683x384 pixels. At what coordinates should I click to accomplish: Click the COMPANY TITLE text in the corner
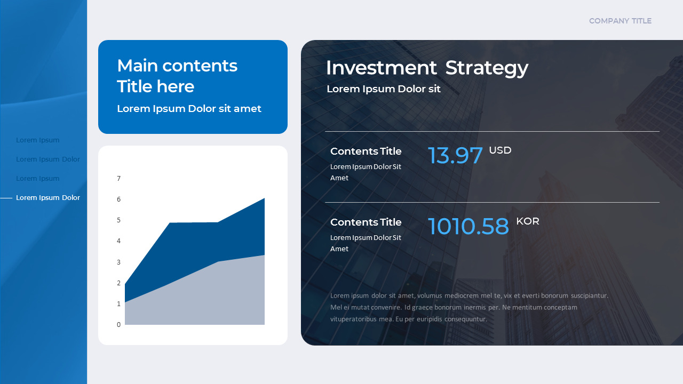point(620,21)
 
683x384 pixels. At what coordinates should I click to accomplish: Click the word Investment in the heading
point(381,68)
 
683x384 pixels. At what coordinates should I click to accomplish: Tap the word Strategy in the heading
point(487,68)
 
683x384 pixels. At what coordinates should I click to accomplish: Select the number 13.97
point(455,155)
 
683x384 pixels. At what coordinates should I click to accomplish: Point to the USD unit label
point(500,150)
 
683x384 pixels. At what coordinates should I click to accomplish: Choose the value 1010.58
point(468,226)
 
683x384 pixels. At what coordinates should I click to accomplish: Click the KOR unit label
point(527,221)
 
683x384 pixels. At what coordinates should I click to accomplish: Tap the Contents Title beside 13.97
point(366,151)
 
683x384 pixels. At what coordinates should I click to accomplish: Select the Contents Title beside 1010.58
point(366,222)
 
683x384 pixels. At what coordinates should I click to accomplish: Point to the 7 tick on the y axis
point(119,178)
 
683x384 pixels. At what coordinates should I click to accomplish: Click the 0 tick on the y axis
point(119,324)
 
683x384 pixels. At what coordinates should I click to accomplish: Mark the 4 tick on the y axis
point(119,241)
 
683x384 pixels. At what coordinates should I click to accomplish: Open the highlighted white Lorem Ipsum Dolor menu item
point(48,197)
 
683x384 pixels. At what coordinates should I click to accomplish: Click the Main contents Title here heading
point(177,76)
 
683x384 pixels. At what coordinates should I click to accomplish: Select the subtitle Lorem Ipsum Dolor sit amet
point(189,108)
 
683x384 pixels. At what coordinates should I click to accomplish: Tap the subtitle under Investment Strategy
point(383,89)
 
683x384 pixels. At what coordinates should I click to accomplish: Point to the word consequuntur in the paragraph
point(465,319)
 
